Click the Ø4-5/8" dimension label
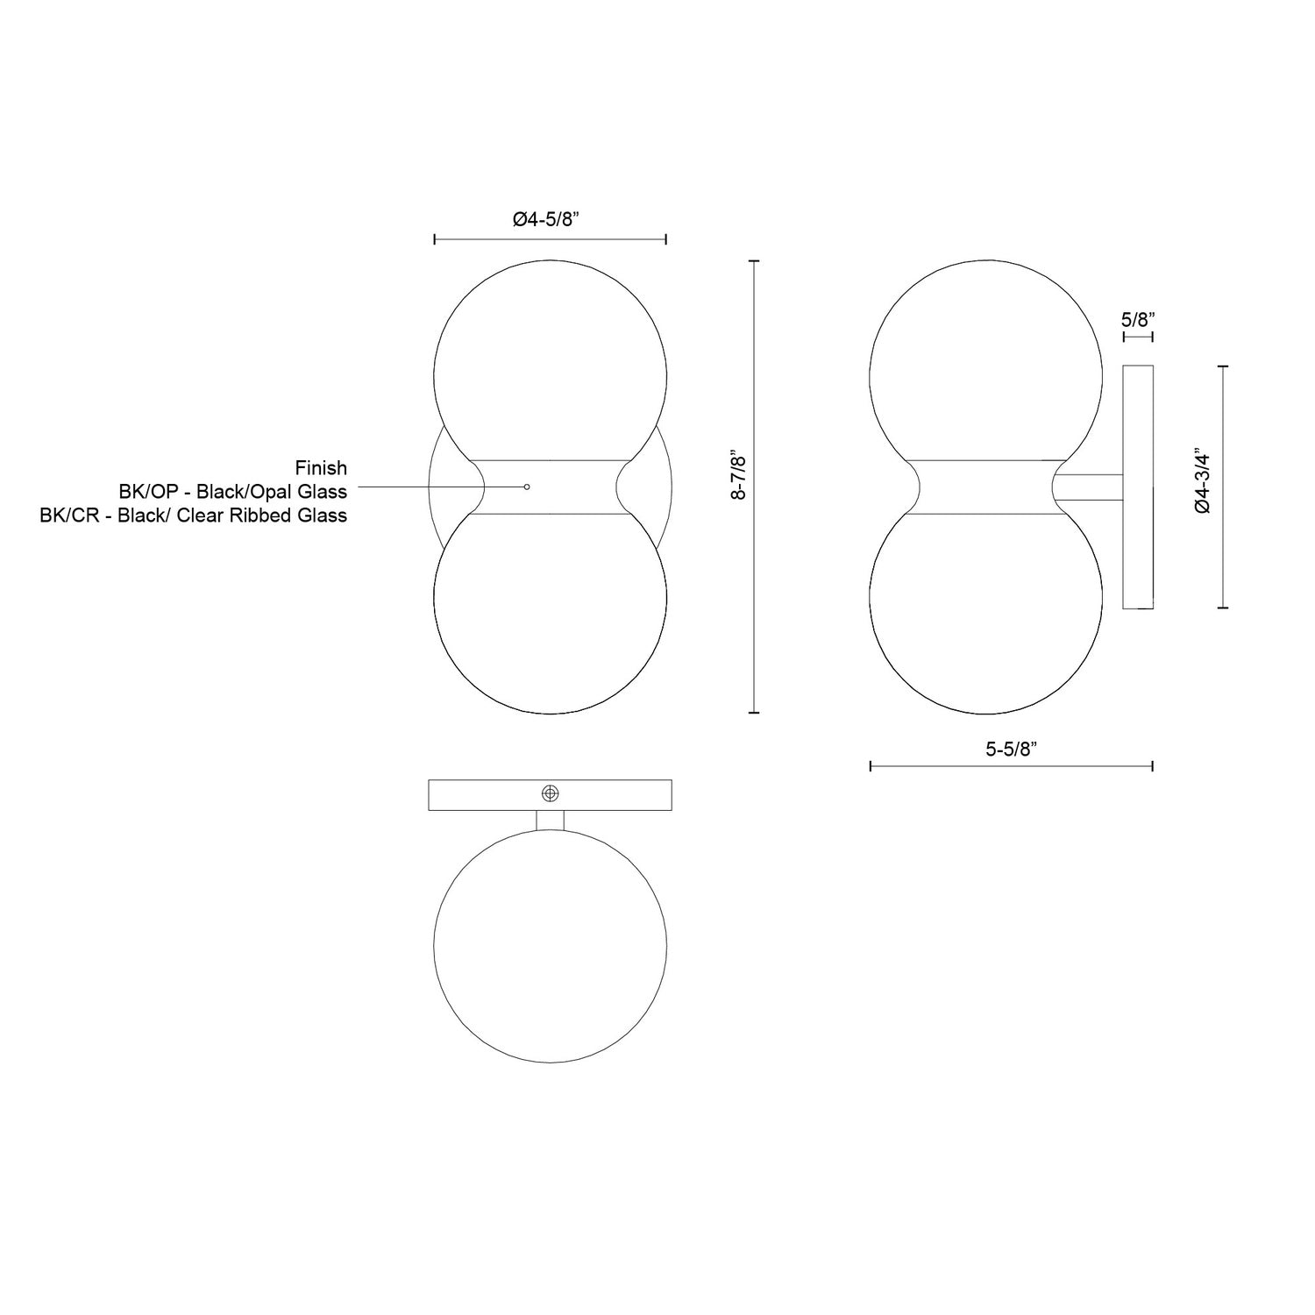point(550,219)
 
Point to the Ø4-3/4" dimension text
point(1202,482)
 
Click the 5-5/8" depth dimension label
point(1011,749)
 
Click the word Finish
point(321,468)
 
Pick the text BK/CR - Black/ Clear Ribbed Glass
point(194,515)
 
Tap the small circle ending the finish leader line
point(526,487)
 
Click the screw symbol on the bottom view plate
point(550,793)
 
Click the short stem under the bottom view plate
point(550,821)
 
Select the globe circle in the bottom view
point(550,947)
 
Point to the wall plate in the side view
point(1138,487)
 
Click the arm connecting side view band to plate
point(1089,487)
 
